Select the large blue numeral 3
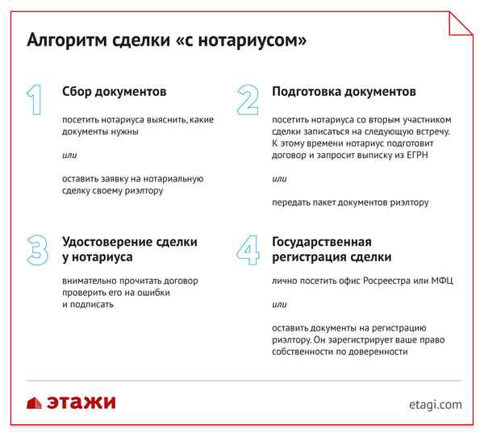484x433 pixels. (36, 250)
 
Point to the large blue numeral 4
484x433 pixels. (248, 250)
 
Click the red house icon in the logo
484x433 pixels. (35, 402)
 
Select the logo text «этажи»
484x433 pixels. (81, 402)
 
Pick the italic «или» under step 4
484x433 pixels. (279, 305)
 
